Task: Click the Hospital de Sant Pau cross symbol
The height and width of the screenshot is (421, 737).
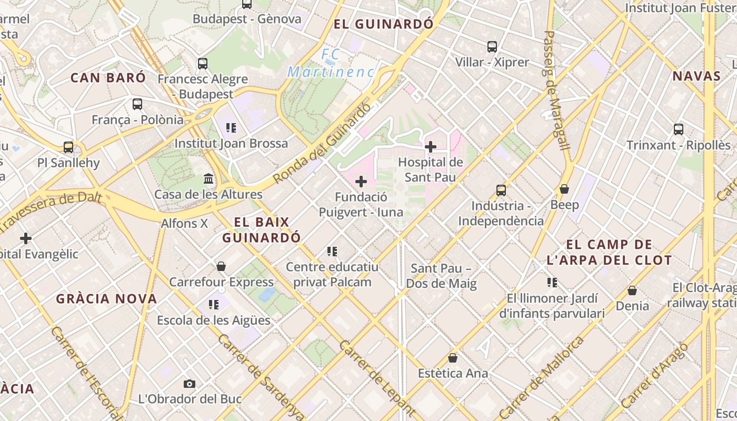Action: click(x=431, y=146)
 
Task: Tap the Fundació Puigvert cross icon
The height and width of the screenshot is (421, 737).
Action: click(x=361, y=182)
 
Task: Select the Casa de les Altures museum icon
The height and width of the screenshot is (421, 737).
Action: click(x=208, y=179)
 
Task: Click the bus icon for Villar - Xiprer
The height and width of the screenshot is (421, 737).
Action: click(x=492, y=47)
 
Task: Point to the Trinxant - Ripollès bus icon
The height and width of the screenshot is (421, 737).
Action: click(x=679, y=129)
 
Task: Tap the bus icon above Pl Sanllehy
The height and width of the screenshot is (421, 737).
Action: click(x=68, y=147)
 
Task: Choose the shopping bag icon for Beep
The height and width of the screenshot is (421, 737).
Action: click(x=564, y=189)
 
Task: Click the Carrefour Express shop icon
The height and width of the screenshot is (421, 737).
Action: click(x=221, y=266)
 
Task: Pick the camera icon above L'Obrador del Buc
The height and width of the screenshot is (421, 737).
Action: click(x=190, y=384)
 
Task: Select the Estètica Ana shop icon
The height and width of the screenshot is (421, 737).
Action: click(x=452, y=358)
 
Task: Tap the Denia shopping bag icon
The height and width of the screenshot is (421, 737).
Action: click(x=632, y=290)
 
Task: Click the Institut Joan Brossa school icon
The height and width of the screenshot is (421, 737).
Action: click(x=231, y=128)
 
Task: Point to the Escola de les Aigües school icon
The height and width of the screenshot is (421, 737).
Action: click(x=213, y=305)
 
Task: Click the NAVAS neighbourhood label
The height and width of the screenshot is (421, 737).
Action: click(x=696, y=76)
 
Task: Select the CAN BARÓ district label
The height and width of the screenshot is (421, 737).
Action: click(x=108, y=78)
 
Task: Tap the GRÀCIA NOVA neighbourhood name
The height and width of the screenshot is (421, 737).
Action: click(x=107, y=299)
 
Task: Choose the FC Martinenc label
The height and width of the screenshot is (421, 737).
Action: click(x=331, y=63)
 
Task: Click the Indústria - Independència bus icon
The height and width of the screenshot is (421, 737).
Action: click(x=501, y=191)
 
